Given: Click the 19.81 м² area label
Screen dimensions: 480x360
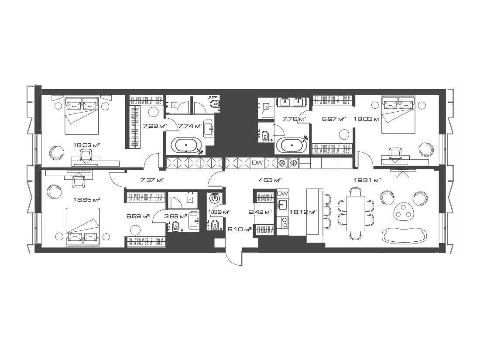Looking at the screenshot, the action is (367, 180).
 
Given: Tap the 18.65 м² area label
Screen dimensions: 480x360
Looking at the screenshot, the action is (87, 199).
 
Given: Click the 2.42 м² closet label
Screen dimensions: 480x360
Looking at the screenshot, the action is (261, 212).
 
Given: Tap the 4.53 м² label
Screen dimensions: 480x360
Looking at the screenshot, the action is (270, 180).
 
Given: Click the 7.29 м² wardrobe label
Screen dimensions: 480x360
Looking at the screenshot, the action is (155, 126).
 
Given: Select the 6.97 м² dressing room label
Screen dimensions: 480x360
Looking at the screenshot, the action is (334, 119).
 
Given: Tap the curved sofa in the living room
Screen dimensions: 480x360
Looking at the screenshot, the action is (405, 236).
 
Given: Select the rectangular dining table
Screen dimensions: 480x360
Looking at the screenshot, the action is (355, 214).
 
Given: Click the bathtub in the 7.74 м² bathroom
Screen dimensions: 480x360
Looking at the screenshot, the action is (186, 145).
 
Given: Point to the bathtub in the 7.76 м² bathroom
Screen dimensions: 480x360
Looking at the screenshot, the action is (291, 145).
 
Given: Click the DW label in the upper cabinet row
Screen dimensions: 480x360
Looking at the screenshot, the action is (257, 163).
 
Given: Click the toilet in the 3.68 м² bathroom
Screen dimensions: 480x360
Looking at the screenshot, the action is (175, 226).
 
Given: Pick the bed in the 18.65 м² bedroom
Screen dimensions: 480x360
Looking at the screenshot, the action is (82, 226).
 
